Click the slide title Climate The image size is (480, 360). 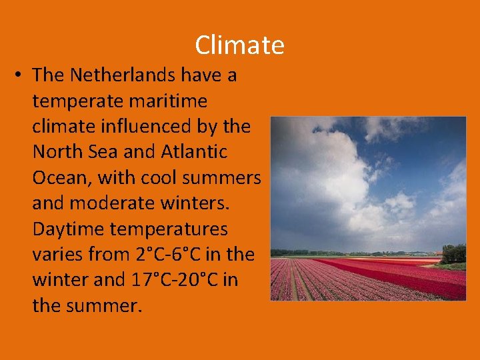pos(239,45)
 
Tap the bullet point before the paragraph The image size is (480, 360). pos(16,75)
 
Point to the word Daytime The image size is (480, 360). pos(69,229)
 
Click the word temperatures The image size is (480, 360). pos(169,229)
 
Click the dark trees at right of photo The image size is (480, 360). pos(455,254)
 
